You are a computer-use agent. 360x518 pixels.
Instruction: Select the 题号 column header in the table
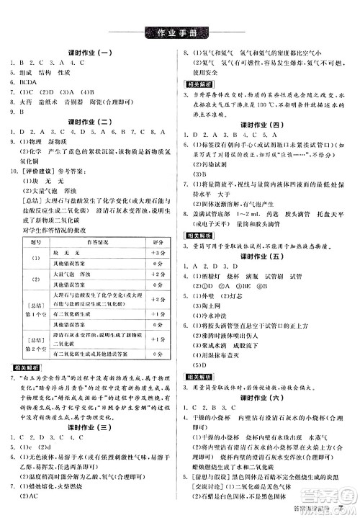point(28,264)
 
